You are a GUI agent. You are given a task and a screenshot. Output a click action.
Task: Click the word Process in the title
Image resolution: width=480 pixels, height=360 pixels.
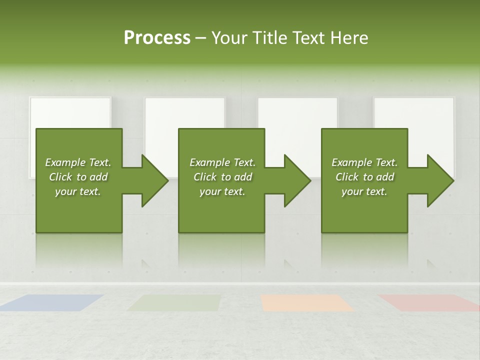157,38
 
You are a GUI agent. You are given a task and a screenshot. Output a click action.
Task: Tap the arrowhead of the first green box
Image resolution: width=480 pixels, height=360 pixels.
152,180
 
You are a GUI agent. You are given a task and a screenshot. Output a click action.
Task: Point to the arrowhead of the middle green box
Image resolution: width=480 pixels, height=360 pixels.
295,180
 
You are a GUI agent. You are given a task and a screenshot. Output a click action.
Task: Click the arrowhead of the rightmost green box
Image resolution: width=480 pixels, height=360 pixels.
438,180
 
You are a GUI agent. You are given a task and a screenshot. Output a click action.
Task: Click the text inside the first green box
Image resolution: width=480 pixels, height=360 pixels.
78,177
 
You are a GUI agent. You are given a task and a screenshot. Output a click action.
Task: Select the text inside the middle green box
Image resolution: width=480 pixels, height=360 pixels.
222,177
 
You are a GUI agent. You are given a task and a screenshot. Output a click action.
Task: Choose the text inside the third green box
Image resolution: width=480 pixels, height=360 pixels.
364,177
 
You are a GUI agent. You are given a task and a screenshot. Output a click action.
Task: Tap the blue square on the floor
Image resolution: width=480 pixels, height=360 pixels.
52,302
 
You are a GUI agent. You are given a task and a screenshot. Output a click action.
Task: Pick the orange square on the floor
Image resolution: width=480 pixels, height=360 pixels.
306,302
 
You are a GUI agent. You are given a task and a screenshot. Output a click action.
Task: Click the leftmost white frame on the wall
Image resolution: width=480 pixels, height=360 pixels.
70,112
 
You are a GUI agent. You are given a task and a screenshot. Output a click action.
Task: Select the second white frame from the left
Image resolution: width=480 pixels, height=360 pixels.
185,112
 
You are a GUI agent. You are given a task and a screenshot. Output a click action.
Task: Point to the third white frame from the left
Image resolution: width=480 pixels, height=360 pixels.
298,112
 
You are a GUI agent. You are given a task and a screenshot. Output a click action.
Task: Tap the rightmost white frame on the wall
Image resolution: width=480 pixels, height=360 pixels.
414,112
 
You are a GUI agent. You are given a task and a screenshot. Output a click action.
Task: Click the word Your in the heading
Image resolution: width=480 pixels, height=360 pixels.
229,38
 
